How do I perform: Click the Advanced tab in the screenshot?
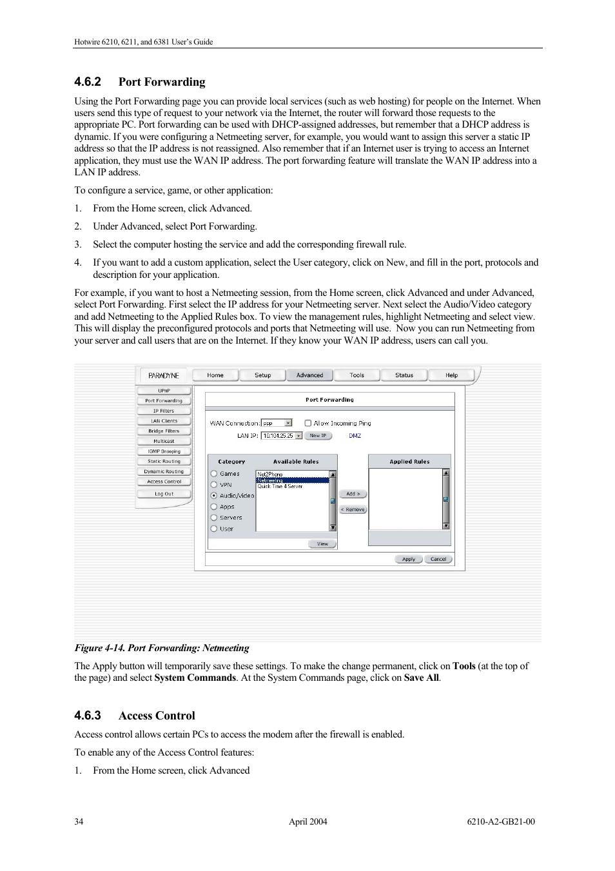pos(309,375)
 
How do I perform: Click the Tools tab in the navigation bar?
pos(356,375)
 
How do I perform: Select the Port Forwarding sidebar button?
pos(164,400)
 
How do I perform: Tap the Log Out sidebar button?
pos(164,494)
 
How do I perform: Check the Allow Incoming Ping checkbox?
pos(308,424)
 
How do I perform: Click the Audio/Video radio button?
pos(214,496)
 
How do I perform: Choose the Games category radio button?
pos(214,474)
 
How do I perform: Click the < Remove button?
pos(353,509)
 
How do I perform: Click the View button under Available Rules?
pos(322,543)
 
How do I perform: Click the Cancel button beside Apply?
pos(438,559)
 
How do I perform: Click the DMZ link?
pos(355,436)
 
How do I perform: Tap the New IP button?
pos(318,436)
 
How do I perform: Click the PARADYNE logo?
pos(164,375)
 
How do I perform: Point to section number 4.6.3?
pos(88,716)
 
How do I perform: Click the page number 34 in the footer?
pos(79,821)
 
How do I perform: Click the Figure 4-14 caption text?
pos(162,648)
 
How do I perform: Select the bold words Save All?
pos(422,678)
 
